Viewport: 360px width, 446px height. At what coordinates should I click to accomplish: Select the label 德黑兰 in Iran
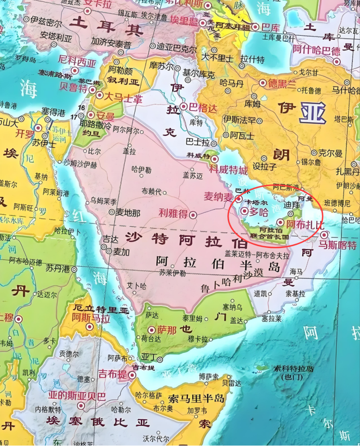(282, 83)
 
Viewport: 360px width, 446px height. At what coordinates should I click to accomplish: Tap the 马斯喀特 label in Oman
(337, 245)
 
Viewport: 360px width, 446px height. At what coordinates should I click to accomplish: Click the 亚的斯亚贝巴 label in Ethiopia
(77, 396)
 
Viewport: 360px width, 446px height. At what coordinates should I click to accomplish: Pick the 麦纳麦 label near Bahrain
(219, 196)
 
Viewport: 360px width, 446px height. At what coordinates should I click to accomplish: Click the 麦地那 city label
(128, 212)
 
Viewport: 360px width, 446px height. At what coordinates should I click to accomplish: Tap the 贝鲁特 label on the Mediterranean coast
(74, 87)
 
